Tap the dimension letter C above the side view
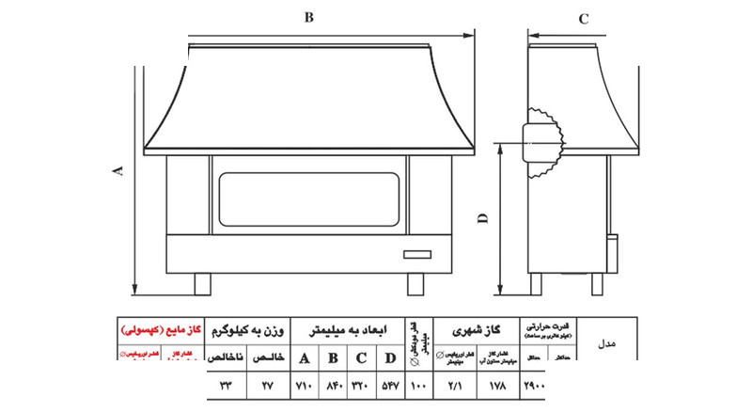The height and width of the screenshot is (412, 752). tap(583, 19)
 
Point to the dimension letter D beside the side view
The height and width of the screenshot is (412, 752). tap(481, 218)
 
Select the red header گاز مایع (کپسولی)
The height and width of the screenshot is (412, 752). tap(156, 331)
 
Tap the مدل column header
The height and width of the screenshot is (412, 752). tap(606, 344)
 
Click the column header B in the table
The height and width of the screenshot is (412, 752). tap(333, 358)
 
